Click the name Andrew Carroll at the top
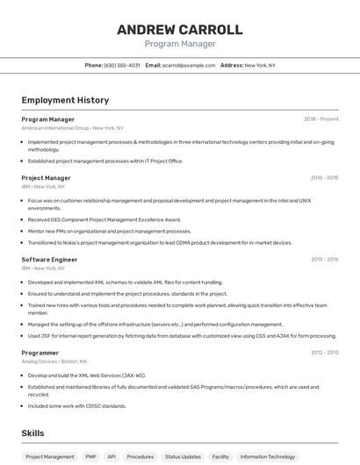[179, 30]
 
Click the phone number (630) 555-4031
[122, 65]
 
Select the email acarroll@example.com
[190, 65]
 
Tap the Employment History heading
[65, 100]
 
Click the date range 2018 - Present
[320, 118]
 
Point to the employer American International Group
[55, 127]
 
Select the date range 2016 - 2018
[324, 178]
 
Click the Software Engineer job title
[49, 260]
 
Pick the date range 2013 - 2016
[324, 260]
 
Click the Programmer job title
[40, 352]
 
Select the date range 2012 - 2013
[324, 352]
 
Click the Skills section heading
[33, 433]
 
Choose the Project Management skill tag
[50, 456]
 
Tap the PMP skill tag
[91, 456]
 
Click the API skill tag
[112, 456]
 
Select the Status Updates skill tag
[183, 456]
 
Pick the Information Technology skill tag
[268, 456]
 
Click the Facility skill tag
[220, 456]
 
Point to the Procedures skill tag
[140, 456]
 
